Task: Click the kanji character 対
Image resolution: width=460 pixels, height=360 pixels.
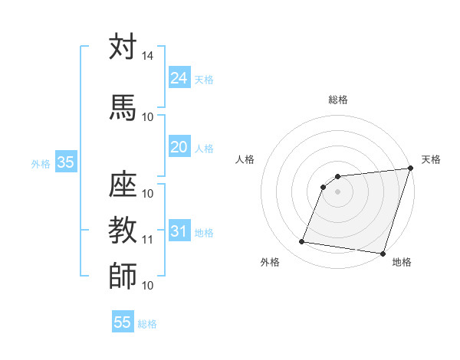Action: (123, 47)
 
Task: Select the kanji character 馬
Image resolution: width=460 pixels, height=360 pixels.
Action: (123, 106)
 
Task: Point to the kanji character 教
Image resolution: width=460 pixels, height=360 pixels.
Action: (123, 228)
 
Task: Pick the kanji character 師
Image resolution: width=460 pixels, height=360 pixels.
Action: (123, 276)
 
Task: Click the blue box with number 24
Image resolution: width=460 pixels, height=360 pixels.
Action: (179, 78)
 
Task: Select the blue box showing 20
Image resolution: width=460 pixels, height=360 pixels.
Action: (179, 147)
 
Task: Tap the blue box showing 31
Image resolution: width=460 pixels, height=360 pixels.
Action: (179, 231)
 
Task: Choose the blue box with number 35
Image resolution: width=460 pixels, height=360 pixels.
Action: (65, 162)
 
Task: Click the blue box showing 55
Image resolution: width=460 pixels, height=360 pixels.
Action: (123, 322)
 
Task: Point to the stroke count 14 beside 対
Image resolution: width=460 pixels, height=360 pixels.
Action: (147, 57)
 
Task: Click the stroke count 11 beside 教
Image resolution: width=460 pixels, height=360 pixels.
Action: (147, 240)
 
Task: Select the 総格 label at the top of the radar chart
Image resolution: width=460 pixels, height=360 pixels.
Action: (338, 100)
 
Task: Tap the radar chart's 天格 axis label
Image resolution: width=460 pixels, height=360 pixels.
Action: (431, 159)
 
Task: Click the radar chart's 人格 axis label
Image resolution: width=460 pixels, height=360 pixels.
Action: (245, 159)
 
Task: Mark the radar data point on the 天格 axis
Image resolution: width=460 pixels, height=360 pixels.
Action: (410, 169)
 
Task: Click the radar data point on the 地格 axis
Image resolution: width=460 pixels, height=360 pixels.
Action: (383, 254)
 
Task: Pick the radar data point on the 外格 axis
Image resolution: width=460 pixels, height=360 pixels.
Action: (302, 242)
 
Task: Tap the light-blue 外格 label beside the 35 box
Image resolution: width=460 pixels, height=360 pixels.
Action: (41, 163)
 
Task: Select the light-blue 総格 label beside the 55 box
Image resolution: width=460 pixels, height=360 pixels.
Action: (147, 323)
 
